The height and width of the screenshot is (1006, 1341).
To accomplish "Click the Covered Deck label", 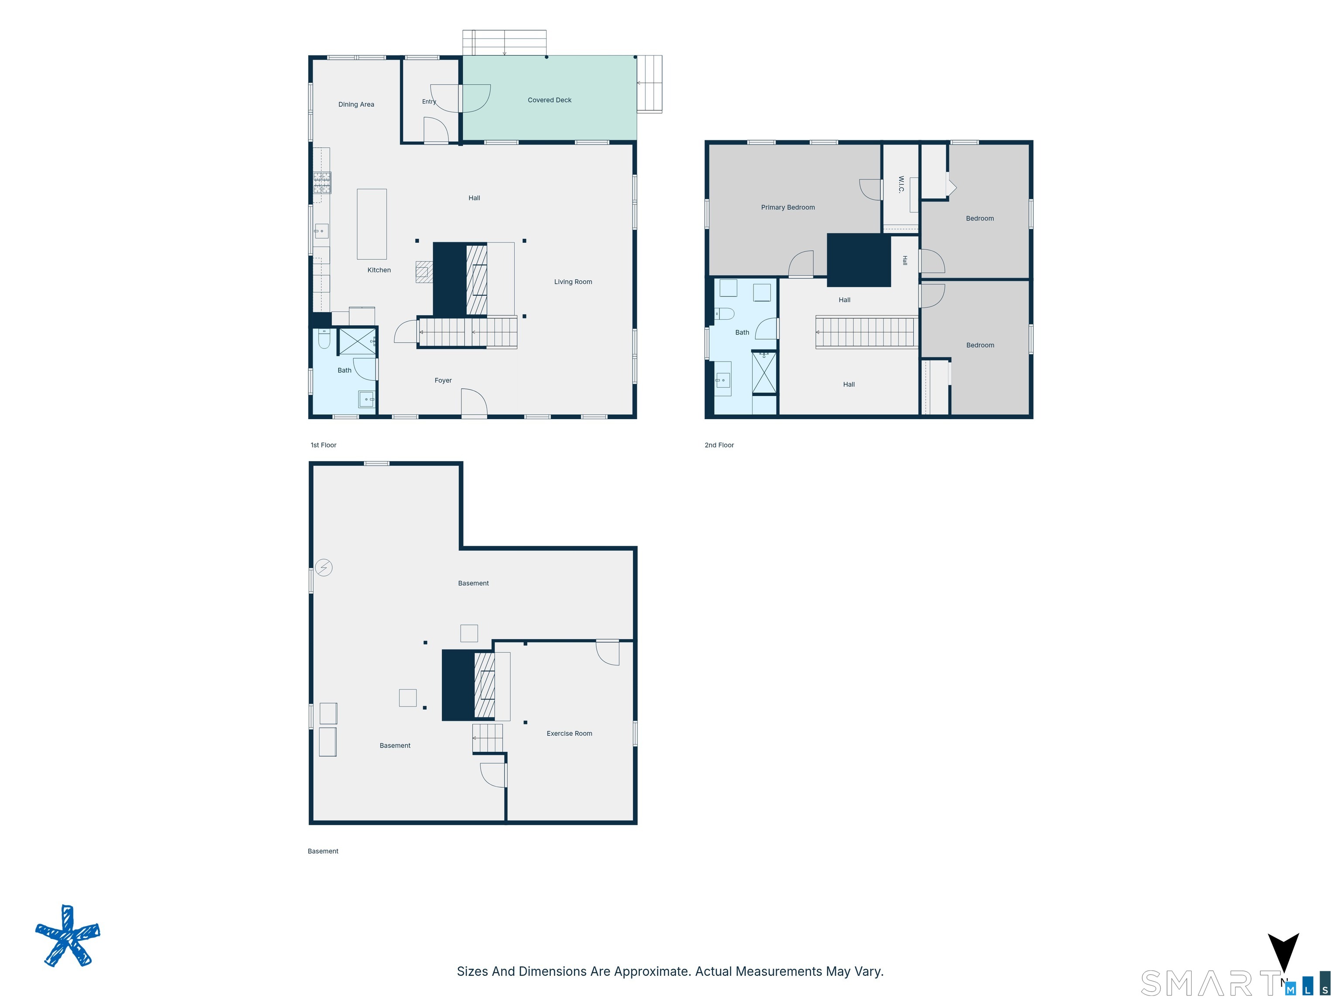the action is [549, 100].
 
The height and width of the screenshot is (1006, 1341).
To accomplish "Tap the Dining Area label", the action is [356, 104].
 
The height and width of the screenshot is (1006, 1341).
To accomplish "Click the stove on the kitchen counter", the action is [322, 183].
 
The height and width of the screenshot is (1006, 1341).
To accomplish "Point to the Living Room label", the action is [573, 282].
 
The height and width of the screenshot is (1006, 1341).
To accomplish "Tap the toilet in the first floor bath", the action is [324, 338].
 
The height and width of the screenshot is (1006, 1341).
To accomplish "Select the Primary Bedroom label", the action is [787, 207].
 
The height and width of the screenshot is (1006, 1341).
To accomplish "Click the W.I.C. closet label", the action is [901, 184].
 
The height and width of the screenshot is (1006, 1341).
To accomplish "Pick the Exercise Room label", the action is [569, 734].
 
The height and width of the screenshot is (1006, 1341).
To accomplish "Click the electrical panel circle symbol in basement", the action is [324, 568].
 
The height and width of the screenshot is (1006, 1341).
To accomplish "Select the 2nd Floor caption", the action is [719, 445].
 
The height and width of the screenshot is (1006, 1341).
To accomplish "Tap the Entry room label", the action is [429, 102].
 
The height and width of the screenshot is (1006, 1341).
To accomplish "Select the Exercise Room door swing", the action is [608, 652].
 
